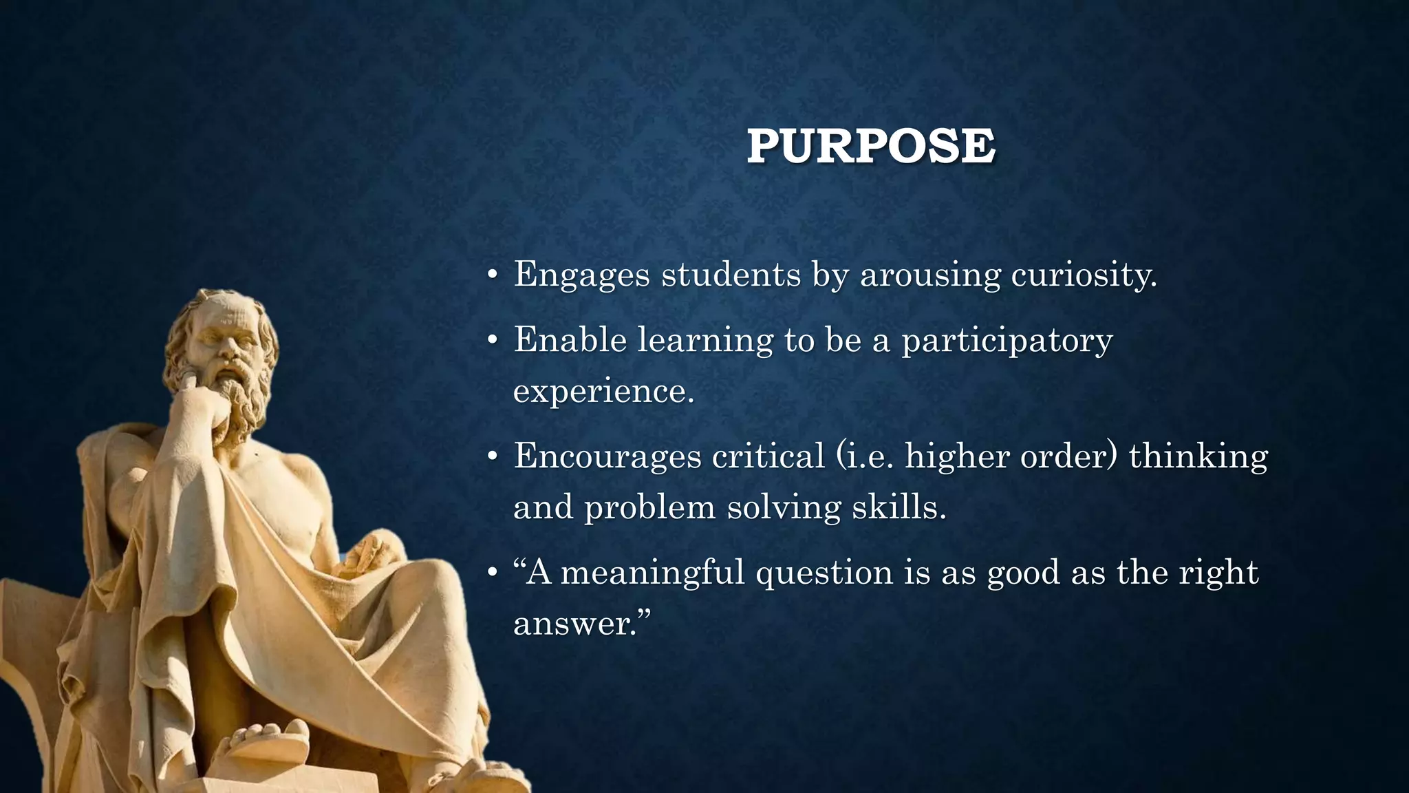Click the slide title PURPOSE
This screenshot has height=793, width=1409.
pos(870,146)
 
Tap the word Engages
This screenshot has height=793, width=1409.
pos(581,275)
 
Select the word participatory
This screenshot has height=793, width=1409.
pos(1007,340)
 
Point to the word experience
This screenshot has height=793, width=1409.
pos(603,391)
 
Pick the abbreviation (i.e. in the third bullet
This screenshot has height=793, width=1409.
pos(864,456)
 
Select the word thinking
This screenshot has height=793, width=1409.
pos(1198,456)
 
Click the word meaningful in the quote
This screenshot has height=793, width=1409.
pos(652,573)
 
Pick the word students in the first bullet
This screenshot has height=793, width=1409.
pos(731,275)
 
